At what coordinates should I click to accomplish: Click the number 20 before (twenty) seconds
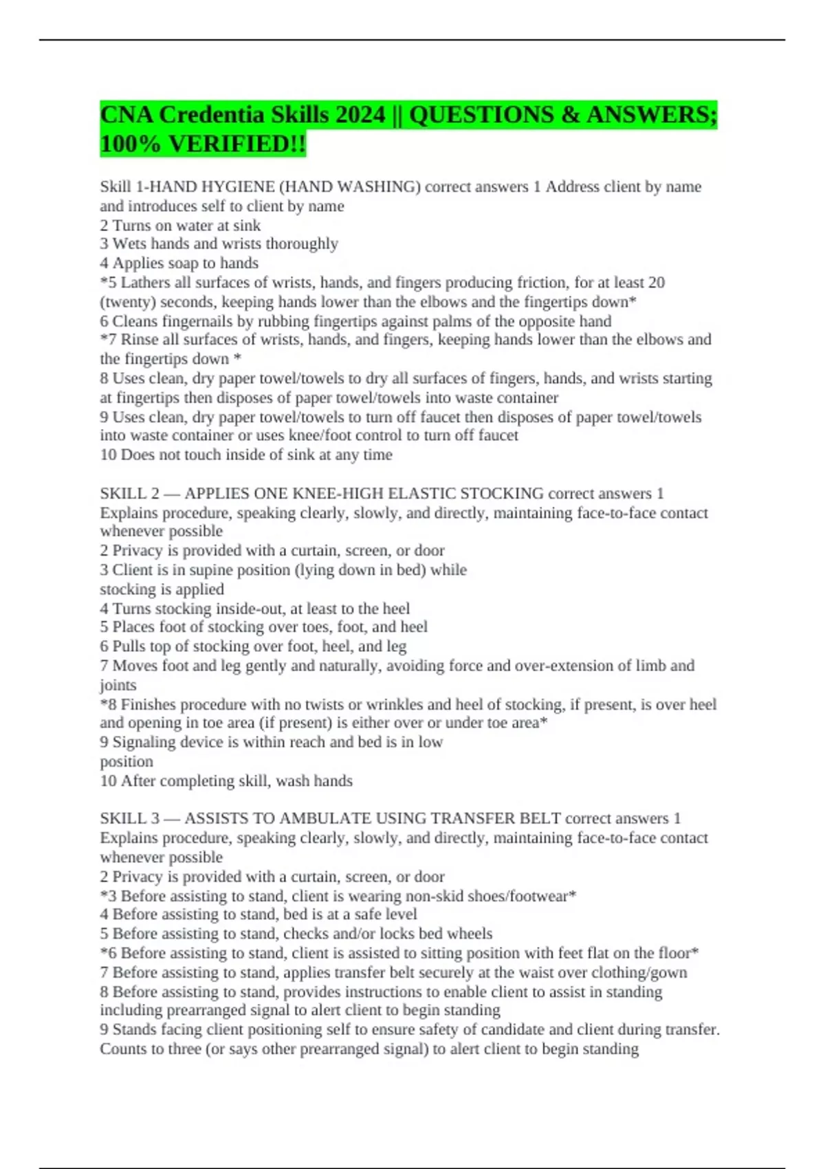coord(657,283)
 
